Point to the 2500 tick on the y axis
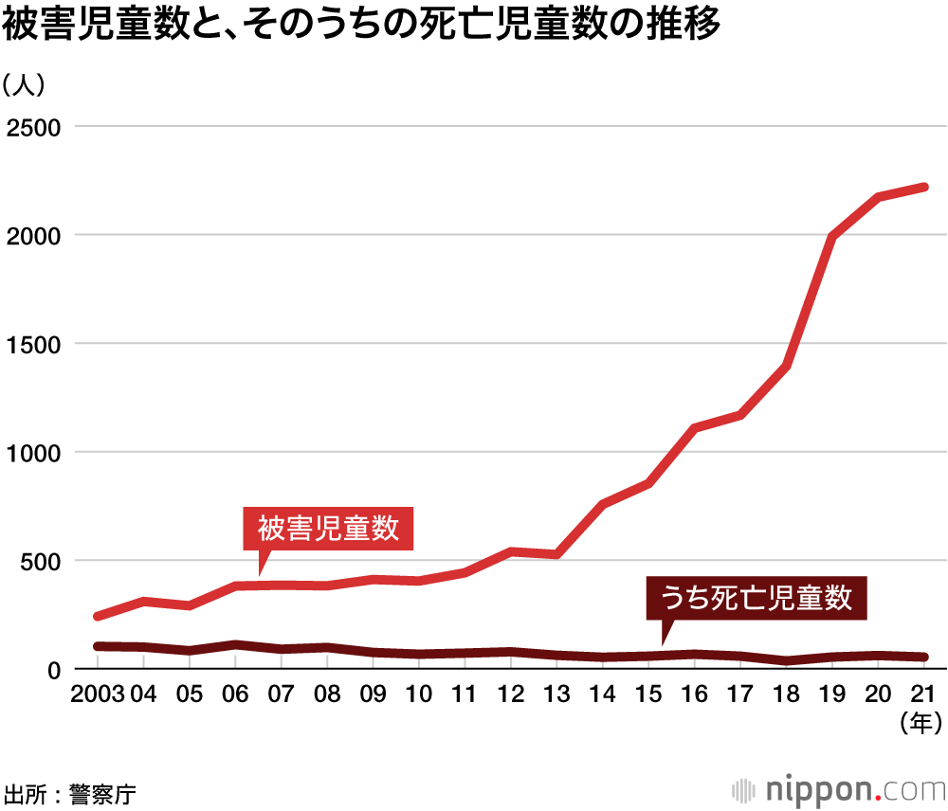click(34, 127)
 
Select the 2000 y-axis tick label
click(34, 235)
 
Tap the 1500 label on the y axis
click(34, 344)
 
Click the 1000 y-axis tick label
click(34, 453)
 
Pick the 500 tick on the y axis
click(41, 561)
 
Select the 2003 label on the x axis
click(98, 694)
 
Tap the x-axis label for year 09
click(373, 694)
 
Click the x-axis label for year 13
click(556, 694)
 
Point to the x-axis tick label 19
click(832, 694)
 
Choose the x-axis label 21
click(924, 694)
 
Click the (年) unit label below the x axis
click(919, 725)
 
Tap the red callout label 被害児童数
click(329, 529)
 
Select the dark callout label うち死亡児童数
click(756, 598)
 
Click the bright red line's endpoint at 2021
click(924, 188)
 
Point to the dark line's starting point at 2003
click(98, 646)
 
